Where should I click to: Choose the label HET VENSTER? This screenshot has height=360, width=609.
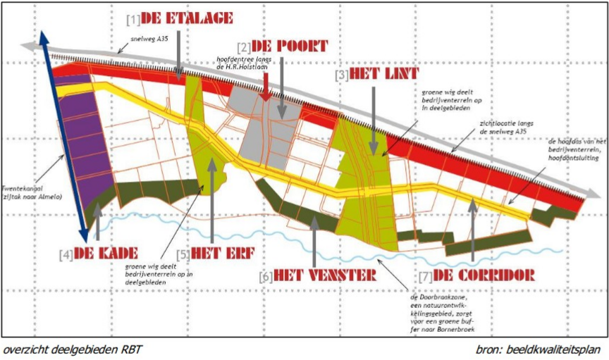[325, 274]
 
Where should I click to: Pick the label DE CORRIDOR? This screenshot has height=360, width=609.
[484, 274]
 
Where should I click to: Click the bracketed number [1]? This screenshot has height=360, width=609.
[133, 18]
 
